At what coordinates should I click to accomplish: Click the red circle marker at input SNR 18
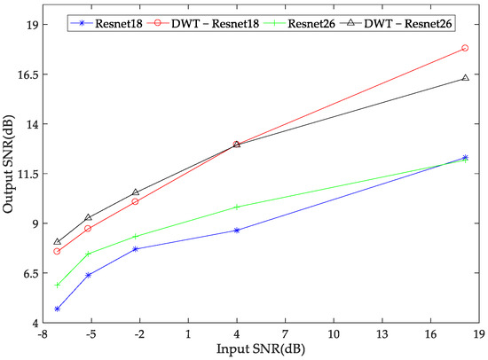click(x=465, y=49)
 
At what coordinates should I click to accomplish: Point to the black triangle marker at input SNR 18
click(x=465, y=78)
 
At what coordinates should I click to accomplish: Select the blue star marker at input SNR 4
click(x=237, y=231)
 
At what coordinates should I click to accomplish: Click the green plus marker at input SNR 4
click(x=237, y=207)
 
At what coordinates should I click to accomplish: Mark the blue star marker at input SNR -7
click(x=58, y=309)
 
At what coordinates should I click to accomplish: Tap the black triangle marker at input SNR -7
click(x=58, y=241)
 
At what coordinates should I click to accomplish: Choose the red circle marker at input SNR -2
click(x=136, y=201)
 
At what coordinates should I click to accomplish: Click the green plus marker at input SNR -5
click(x=88, y=254)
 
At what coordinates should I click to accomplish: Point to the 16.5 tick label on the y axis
click(x=21, y=74)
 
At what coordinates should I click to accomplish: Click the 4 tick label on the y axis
click(x=27, y=323)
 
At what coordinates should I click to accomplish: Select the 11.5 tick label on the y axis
click(x=21, y=174)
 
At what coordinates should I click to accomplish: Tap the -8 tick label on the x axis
click(x=41, y=335)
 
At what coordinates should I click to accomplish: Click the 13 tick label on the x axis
click(x=382, y=335)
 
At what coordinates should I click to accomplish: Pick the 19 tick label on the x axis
click(x=478, y=335)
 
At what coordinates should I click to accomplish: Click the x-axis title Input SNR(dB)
click(x=259, y=350)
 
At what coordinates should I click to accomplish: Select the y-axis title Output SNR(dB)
click(x=8, y=165)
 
